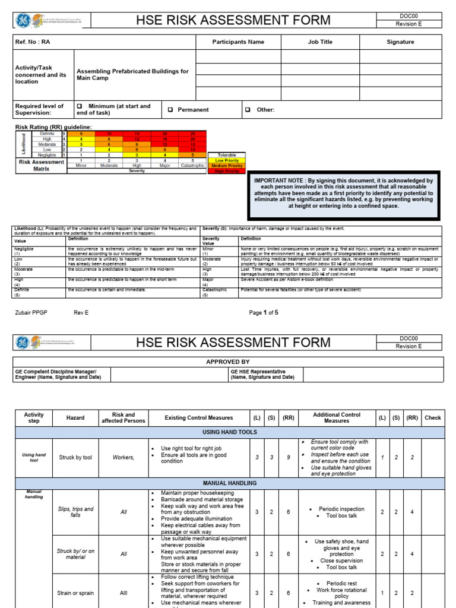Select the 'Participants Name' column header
click(x=238, y=42)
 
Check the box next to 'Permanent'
click(x=170, y=110)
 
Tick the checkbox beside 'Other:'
click(x=248, y=110)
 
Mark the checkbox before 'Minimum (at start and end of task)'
click(x=79, y=106)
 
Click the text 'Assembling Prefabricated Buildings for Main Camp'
click(x=132, y=75)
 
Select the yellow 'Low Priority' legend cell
click(x=227, y=160)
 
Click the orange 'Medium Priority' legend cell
click(x=227, y=166)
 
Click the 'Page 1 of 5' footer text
click(x=264, y=312)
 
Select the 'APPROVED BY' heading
click(x=227, y=362)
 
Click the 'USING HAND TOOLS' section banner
click(x=229, y=432)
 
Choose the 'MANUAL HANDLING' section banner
click(x=229, y=483)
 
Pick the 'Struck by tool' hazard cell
click(x=75, y=458)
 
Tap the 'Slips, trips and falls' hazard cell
click(x=75, y=512)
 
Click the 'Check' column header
click(x=433, y=418)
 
